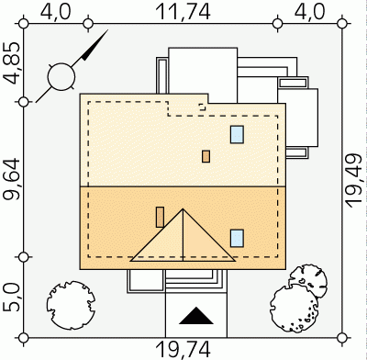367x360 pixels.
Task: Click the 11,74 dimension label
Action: (x=183, y=12)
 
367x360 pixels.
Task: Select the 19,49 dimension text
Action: (x=354, y=181)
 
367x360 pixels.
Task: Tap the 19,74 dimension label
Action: (x=183, y=350)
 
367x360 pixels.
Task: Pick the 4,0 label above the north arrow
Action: (x=56, y=12)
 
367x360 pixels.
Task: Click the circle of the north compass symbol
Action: (x=61, y=77)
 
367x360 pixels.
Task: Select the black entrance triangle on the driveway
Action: (x=196, y=316)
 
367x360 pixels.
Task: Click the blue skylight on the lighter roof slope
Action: (x=237, y=134)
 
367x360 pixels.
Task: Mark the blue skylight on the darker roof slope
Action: (x=237, y=238)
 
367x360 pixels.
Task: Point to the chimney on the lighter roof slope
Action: (x=206, y=156)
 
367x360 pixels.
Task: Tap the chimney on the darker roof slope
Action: (x=160, y=217)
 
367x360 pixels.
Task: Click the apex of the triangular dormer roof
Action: (x=183, y=209)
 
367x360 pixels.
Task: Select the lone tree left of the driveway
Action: (x=71, y=305)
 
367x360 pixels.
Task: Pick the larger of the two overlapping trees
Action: (x=295, y=309)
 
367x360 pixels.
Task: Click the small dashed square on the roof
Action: (x=202, y=107)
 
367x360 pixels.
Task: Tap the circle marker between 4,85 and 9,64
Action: (x=24, y=102)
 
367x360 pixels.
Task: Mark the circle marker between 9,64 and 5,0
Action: (x=24, y=257)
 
